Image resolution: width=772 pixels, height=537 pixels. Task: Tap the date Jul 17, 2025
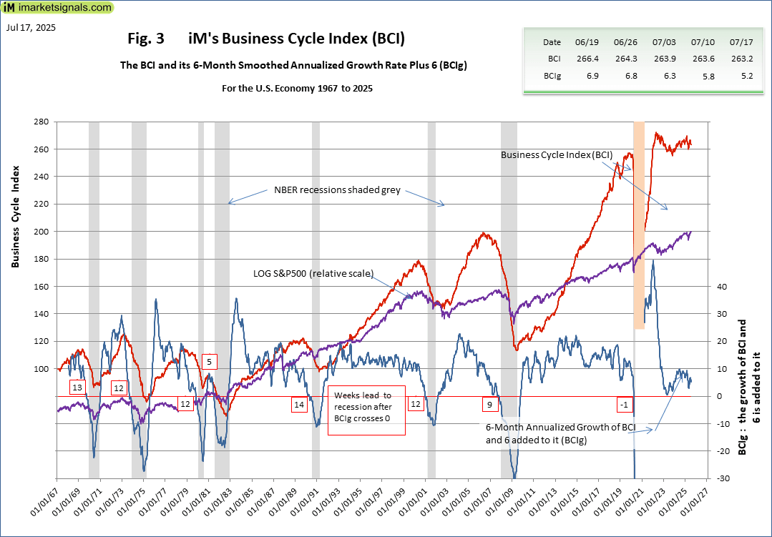click(x=30, y=28)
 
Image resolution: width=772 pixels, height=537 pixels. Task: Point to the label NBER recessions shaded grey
click(x=337, y=191)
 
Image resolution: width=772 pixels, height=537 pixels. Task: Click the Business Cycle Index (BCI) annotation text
click(x=557, y=154)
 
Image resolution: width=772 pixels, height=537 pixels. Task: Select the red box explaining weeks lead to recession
click(x=367, y=410)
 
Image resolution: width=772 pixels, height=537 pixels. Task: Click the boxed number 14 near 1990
click(x=298, y=405)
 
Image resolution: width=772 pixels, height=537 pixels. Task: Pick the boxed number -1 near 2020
click(x=625, y=405)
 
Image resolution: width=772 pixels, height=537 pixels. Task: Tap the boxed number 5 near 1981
click(x=209, y=362)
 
